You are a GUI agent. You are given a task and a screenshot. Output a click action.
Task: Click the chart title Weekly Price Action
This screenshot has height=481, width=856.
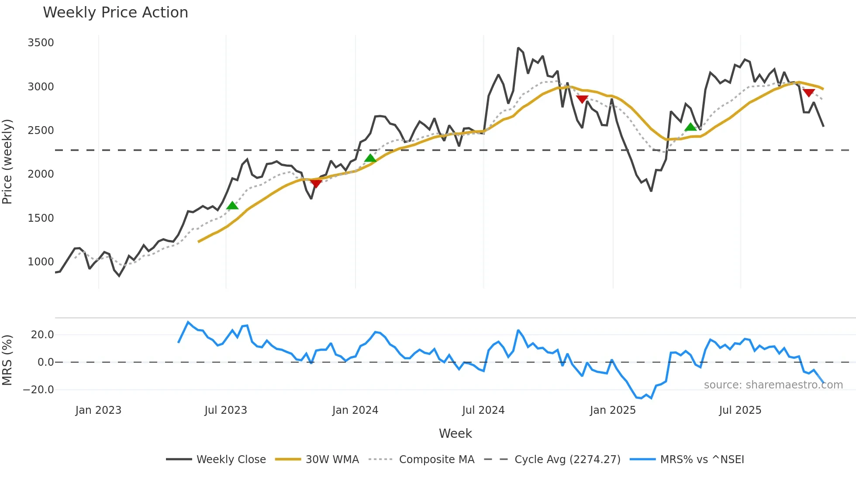coord(115,13)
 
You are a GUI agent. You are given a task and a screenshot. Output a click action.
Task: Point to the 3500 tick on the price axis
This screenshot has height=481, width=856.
coord(41,43)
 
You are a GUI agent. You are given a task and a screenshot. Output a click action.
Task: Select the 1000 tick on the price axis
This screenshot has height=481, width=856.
coord(41,262)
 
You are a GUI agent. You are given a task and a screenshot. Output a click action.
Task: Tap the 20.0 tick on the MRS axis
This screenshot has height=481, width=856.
coord(42,335)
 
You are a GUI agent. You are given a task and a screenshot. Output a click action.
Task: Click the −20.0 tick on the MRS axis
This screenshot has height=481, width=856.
coord(38,390)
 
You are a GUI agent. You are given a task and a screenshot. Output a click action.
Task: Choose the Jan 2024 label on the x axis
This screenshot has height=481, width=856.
coord(355,410)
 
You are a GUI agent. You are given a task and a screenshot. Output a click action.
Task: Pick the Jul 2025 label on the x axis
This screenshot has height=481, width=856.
coord(740,410)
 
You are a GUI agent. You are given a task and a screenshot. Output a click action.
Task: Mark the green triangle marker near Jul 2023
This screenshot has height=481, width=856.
coord(232,206)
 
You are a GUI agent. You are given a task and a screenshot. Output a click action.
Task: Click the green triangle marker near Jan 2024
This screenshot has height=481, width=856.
coord(370,158)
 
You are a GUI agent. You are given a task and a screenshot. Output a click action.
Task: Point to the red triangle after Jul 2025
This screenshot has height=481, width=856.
coord(809,93)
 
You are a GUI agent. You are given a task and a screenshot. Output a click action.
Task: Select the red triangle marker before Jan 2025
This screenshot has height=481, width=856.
coord(582,99)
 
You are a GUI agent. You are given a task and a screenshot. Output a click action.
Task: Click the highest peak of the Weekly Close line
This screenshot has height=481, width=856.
coord(518,48)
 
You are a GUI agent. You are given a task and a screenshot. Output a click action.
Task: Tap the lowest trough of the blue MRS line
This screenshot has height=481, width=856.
coord(642,399)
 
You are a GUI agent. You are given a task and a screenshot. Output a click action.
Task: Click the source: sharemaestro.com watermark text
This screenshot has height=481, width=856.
coord(773,385)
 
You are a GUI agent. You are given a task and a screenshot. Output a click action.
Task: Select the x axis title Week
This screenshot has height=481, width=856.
coord(455,433)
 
